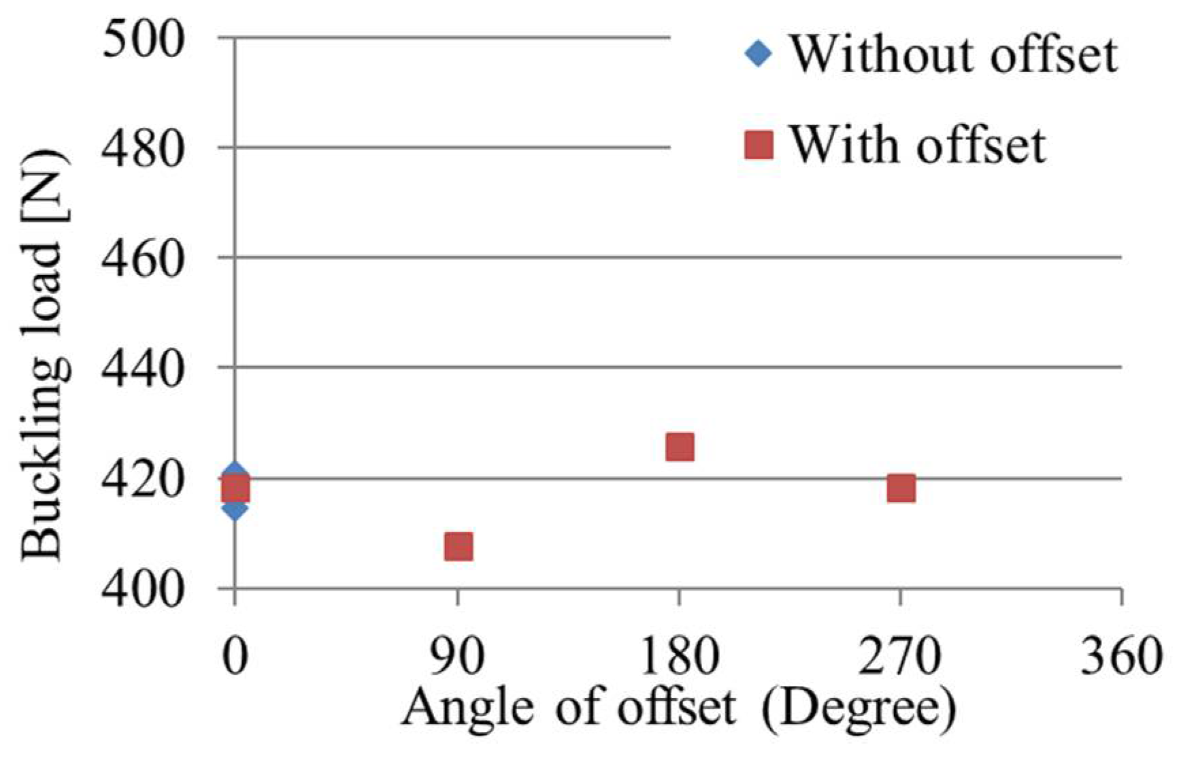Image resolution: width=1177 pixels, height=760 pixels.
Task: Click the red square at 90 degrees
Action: coord(458,546)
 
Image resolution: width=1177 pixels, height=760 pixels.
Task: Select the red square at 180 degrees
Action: coord(680,447)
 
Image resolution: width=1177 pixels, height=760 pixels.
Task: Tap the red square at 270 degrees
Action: coord(901,489)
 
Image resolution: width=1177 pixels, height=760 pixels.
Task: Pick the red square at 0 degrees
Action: coord(235,489)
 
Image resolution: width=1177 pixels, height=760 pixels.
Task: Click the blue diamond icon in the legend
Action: coord(759,53)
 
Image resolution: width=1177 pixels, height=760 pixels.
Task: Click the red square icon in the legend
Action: coord(759,145)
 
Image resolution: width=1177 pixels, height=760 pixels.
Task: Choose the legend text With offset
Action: coord(916,145)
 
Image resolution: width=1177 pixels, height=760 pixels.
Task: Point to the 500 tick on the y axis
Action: coord(143,38)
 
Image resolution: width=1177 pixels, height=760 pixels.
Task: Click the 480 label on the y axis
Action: coord(143,148)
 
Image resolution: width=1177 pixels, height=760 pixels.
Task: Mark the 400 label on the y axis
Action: coord(143,589)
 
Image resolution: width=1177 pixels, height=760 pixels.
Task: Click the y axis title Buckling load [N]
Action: coord(44,354)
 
